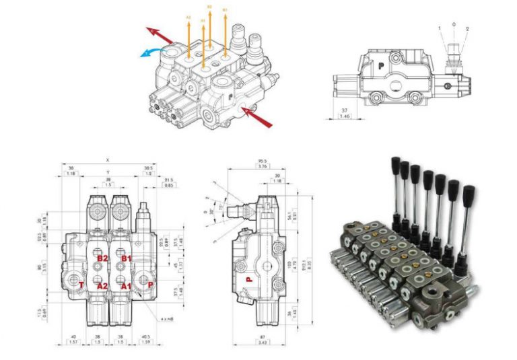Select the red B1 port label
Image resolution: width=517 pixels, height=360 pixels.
[x=125, y=258]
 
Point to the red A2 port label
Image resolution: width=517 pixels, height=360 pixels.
[x=103, y=285]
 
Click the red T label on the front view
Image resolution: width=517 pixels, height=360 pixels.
[x=81, y=285]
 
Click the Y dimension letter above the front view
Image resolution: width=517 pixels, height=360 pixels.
[x=108, y=172]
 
